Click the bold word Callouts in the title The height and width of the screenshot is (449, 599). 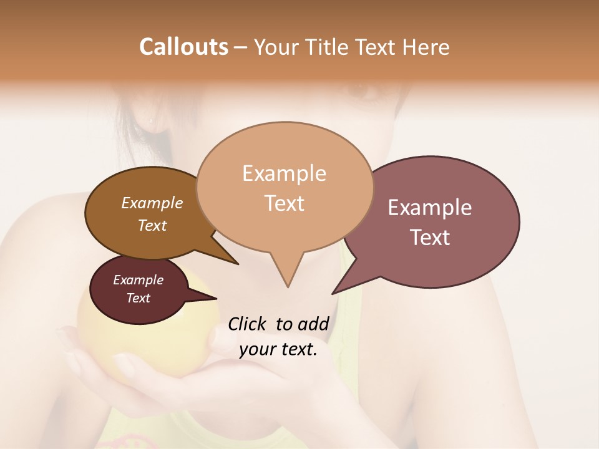[x=183, y=47]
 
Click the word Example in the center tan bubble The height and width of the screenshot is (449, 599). [x=284, y=173]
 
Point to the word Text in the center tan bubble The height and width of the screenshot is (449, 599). [x=284, y=203]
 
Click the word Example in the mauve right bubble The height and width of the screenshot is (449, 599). [x=430, y=208]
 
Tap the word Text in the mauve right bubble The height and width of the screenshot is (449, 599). [x=430, y=238]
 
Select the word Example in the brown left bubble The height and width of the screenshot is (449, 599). [x=152, y=203]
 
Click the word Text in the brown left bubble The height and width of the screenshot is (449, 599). [x=152, y=225]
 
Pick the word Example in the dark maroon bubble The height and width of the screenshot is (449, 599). [x=138, y=280]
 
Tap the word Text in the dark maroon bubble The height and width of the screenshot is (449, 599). [x=138, y=298]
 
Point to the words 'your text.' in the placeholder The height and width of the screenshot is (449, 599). [x=278, y=350]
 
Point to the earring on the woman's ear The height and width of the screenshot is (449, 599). [x=150, y=118]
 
